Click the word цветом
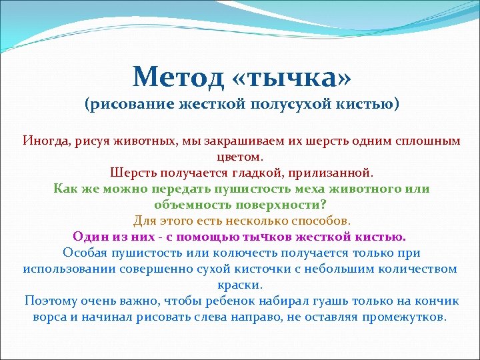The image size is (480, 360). click(240, 157)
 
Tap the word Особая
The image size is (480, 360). click(85, 253)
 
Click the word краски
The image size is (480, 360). click(240, 285)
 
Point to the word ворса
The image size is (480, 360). click(51, 317)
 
